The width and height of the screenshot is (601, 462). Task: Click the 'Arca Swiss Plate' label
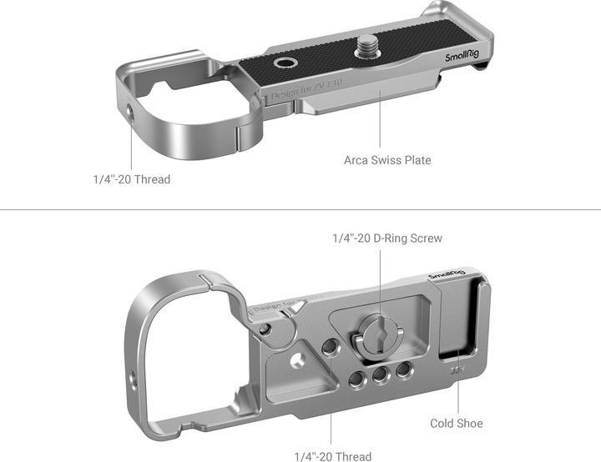tap(387, 159)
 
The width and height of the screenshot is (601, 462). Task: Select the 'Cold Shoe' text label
tap(457, 423)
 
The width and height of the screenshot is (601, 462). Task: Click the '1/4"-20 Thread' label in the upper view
tap(131, 179)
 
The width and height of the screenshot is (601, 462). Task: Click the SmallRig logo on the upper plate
tap(462, 57)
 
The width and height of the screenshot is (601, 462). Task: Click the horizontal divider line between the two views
tap(300, 210)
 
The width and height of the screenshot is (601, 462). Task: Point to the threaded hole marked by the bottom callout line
tap(331, 346)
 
